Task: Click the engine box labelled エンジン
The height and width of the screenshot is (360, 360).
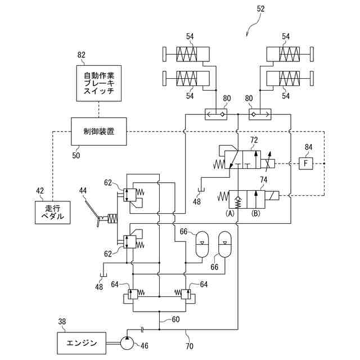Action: click(x=82, y=343)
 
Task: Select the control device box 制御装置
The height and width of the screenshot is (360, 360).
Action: click(x=99, y=132)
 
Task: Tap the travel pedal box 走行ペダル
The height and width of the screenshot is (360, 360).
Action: click(x=52, y=213)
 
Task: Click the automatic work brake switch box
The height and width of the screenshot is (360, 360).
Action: click(x=99, y=83)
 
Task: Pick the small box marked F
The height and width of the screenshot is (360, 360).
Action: click(x=305, y=164)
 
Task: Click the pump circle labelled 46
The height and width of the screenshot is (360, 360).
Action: click(x=127, y=343)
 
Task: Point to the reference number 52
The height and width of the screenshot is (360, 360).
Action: click(x=260, y=9)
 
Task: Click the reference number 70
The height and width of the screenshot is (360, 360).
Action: click(x=190, y=346)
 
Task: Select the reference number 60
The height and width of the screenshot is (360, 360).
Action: click(x=175, y=319)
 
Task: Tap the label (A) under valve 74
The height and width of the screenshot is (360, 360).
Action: click(x=230, y=214)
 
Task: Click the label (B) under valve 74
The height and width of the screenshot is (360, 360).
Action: click(x=256, y=214)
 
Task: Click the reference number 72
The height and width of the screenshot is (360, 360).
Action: click(x=254, y=140)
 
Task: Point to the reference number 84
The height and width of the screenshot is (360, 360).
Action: click(x=308, y=147)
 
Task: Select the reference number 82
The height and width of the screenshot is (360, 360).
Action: click(x=81, y=55)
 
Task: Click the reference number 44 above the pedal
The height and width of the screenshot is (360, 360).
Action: click(x=83, y=190)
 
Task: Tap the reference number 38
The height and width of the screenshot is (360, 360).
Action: click(x=62, y=321)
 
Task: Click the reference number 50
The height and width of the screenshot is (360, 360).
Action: click(x=76, y=155)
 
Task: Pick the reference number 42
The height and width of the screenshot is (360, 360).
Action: click(x=40, y=191)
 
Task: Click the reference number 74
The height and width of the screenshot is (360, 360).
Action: click(x=264, y=180)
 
